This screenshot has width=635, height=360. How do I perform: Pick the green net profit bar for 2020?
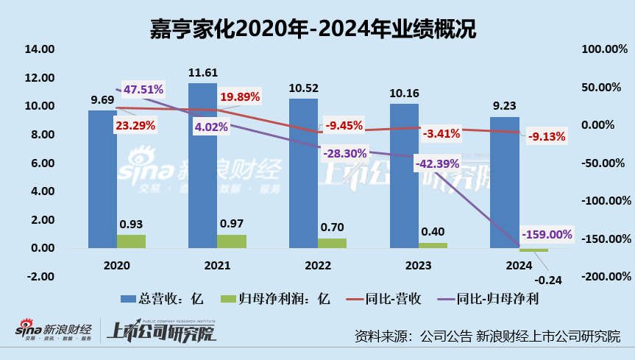click(x=132, y=241)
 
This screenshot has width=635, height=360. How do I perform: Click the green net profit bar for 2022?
click(x=332, y=243)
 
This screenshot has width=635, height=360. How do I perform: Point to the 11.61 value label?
click(x=202, y=72)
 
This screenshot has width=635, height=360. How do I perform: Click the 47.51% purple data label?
click(x=143, y=90)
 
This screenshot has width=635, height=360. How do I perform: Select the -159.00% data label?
click(x=546, y=234)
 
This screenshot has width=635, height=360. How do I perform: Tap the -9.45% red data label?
click(x=343, y=125)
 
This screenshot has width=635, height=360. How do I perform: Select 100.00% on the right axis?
click(x=605, y=49)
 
